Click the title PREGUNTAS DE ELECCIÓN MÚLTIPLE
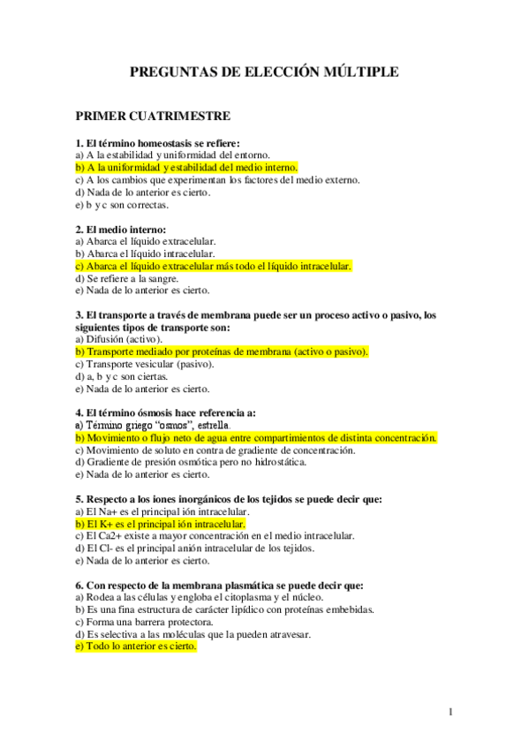point(264,72)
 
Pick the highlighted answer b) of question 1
point(186,167)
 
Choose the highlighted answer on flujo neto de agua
point(256,437)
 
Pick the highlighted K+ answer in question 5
point(160,523)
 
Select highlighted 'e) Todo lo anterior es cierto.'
point(136,646)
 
